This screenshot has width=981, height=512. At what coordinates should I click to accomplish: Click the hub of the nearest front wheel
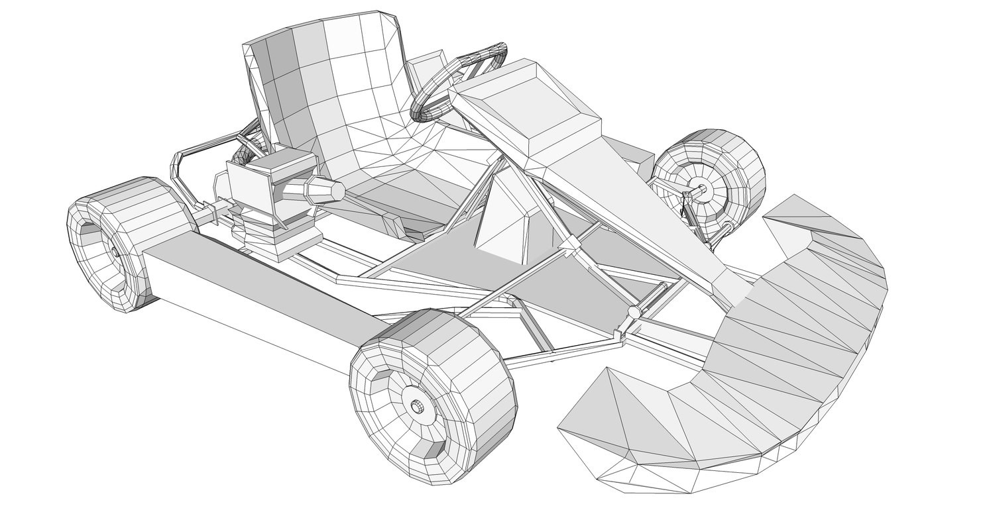point(417,407)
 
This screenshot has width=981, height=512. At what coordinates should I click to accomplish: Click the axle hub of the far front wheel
point(701,189)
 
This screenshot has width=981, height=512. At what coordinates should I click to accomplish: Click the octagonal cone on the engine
point(325,191)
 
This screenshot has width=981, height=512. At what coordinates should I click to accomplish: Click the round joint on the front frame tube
point(633,311)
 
